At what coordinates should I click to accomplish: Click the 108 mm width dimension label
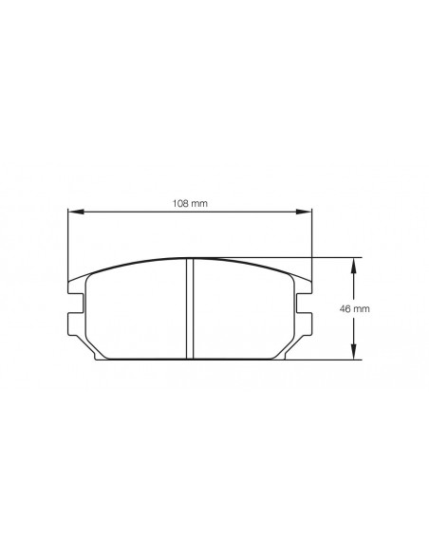(x=189, y=203)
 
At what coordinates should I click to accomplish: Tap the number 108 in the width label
(x=181, y=203)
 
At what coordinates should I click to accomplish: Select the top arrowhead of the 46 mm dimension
(x=355, y=262)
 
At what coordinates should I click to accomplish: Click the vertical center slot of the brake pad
(x=189, y=308)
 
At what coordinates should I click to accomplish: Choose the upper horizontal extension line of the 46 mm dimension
(x=332, y=257)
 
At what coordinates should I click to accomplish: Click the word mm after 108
(x=199, y=203)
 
